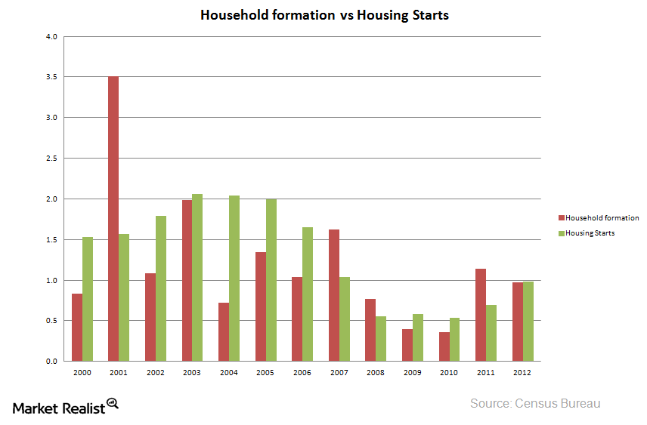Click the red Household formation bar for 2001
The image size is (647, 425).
pyautogui.click(x=113, y=219)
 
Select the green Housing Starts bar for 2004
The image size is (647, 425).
pyautogui.click(x=234, y=279)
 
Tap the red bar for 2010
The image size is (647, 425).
pyautogui.click(x=444, y=346)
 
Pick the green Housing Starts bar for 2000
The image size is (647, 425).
pyautogui.click(x=88, y=299)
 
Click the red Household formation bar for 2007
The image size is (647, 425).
pyautogui.click(x=334, y=295)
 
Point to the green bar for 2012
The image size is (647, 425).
pyautogui.click(x=528, y=322)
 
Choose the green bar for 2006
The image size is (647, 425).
pyautogui.click(x=308, y=294)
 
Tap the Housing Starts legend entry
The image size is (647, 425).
pyautogui.click(x=590, y=233)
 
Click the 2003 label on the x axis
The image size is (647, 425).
pyautogui.click(x=193, y=372)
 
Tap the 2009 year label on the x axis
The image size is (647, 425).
pyautogui.click(x=413, y=372)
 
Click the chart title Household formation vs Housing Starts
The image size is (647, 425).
pyautogui.click(x=324, y=15)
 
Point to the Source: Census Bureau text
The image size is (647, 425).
pyautogui.click(x=535, y=404)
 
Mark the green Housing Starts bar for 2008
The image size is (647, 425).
pyautogui.click(x=381, y=339)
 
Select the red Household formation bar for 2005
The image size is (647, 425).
pyautogui.click(x=260, y=306)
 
